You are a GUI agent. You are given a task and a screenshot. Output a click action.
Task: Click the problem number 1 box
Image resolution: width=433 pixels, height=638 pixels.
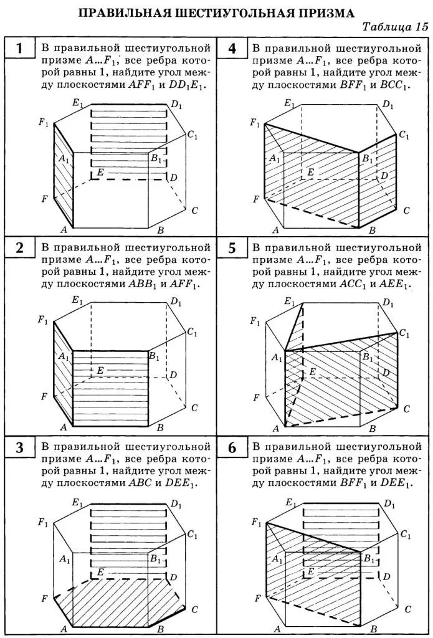(x=19, y=49)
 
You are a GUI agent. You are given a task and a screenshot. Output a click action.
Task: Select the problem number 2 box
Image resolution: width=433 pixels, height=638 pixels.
(x=19, y=248)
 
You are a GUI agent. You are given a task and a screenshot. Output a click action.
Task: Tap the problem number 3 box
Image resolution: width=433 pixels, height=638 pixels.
(x=19, y=447)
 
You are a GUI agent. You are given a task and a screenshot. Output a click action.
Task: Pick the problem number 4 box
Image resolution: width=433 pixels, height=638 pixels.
(x=232, y=49)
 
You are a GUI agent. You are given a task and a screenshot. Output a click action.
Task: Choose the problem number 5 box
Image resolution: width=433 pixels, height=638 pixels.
(x=232, y=248)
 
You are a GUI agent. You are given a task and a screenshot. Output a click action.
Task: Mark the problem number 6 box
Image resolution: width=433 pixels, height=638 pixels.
(x=232, y=447)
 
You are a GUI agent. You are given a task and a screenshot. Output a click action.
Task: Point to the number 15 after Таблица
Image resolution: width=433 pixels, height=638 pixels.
(x=421, y=27)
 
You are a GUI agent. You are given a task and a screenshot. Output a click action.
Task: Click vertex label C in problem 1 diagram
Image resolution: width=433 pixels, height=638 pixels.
(x=194, y=211)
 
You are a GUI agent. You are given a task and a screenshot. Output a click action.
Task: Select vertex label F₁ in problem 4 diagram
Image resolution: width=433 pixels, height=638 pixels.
(x=255, y=123)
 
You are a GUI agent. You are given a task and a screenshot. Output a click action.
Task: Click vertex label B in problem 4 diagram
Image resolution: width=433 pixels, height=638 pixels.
(x=373, y=231)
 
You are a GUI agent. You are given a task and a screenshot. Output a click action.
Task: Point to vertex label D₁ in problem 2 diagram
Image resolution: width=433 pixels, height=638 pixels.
(x=176, y=302)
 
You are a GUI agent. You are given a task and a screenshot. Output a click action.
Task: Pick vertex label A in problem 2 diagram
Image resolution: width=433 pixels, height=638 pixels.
(x=63, y=428)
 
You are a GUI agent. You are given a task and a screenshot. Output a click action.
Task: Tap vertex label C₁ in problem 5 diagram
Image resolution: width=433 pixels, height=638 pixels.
(x=405, y=333)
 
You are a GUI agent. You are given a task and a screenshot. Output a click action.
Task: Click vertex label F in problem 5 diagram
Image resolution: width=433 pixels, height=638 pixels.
(x=256, y=397)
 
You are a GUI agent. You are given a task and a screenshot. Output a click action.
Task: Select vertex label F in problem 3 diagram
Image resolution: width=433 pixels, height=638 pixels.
(x=44, y=599)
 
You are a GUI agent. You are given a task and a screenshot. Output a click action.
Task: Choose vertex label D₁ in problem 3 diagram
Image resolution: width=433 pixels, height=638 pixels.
(x=176, y=503)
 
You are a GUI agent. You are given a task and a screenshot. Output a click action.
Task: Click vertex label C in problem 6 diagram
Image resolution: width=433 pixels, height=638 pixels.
(x=407, y=609)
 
